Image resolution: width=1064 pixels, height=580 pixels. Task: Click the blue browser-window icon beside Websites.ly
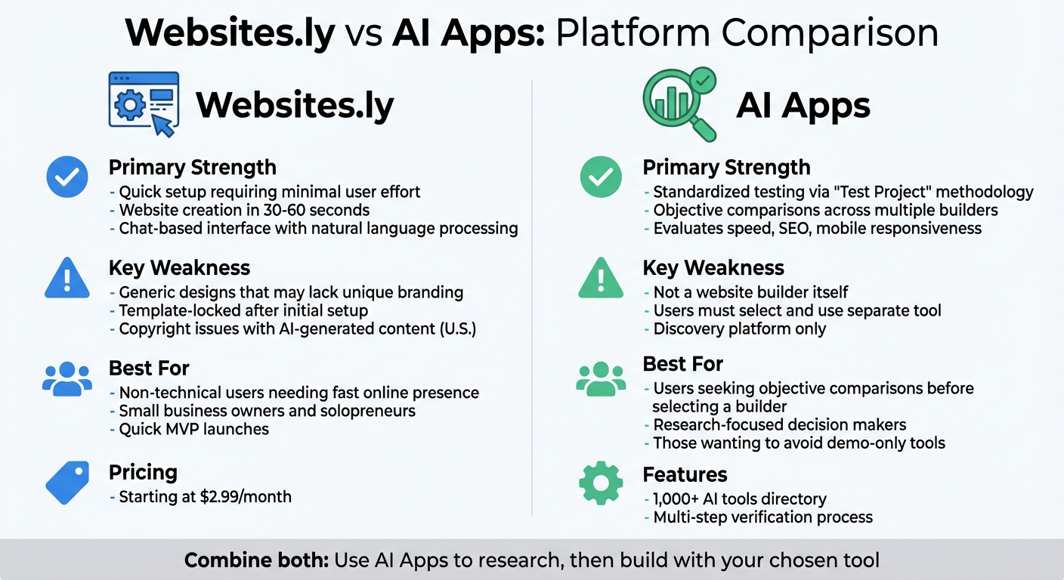(144, 103)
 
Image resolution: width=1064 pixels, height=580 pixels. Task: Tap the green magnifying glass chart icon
(678, 103)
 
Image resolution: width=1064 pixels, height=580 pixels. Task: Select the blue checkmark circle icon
(67, 177)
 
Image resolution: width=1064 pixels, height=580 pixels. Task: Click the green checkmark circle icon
(601, 177)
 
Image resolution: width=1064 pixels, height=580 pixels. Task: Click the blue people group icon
(67, 378)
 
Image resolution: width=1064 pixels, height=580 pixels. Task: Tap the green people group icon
(601, 378)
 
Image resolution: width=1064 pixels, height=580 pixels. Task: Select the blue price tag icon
(67, 483)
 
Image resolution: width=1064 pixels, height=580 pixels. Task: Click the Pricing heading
(143, 473)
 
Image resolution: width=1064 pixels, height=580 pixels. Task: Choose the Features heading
(685, 474)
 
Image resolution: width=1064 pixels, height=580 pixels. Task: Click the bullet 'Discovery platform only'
(739, 329)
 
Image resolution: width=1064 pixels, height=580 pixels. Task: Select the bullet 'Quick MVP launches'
(193, 429)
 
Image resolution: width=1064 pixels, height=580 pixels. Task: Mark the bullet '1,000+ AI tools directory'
(739, 499)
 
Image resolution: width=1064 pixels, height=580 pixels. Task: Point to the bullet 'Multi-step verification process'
(762, 517)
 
